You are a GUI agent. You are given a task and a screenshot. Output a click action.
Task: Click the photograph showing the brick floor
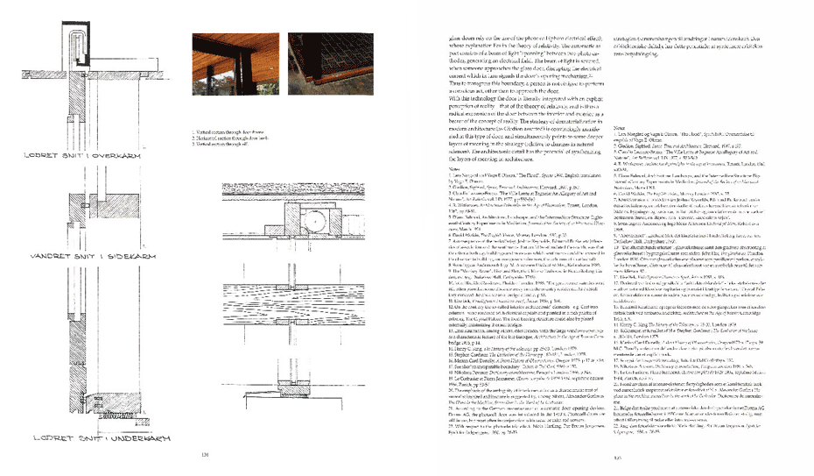pos(323,64)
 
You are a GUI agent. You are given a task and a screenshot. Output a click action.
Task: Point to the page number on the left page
pos(207,454)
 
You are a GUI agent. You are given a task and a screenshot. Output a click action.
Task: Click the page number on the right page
pos(616,457)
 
